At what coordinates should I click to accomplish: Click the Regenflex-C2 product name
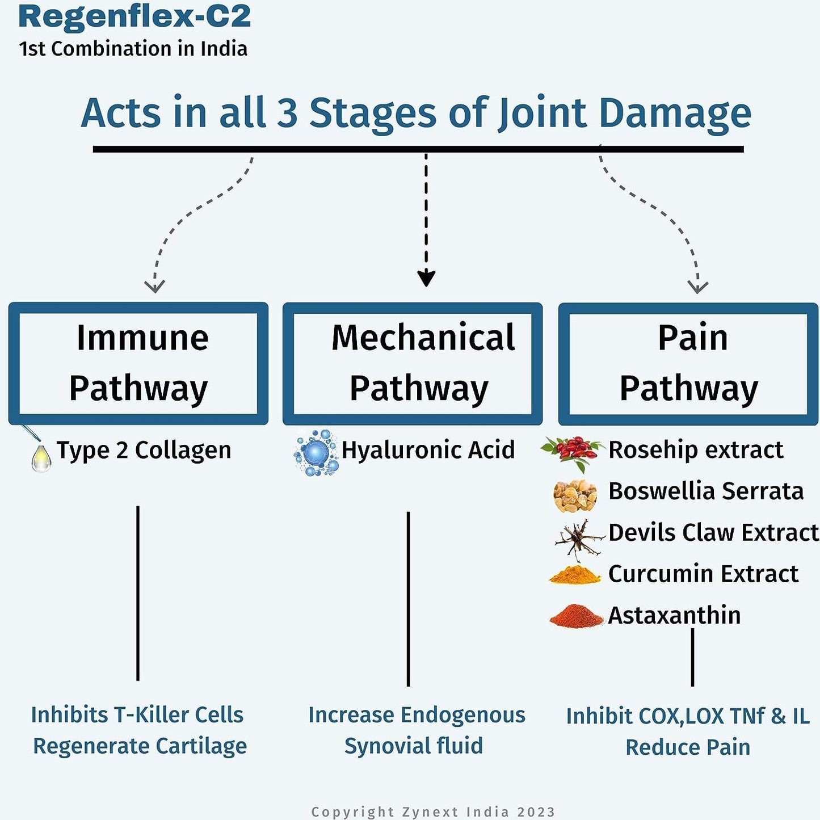(134, 16)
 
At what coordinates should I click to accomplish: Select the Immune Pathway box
(138, 363)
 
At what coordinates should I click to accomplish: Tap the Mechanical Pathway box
(413, 363)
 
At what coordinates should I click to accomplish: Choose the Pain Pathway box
(688, 364)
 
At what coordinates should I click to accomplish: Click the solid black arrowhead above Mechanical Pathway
(426, 279)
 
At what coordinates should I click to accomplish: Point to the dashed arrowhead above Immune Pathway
(154, 285)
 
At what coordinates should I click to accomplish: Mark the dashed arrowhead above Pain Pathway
(697, 286)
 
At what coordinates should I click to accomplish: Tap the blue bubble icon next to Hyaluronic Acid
(317, 453)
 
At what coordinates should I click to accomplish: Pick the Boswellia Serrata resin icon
(575, 495)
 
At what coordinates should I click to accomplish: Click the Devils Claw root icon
(578, 537)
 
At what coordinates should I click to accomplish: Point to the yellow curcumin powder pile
(575, 574)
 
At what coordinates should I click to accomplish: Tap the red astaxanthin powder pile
(575, 616)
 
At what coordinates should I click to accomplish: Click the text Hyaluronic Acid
(428, 450)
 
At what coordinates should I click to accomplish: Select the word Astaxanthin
(674, 615)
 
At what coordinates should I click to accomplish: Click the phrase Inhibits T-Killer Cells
(137, 714)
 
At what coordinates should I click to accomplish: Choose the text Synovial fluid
(414, 746)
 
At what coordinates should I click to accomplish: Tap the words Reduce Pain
(688, 747)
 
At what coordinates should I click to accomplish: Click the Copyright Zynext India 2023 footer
(433, 812)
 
